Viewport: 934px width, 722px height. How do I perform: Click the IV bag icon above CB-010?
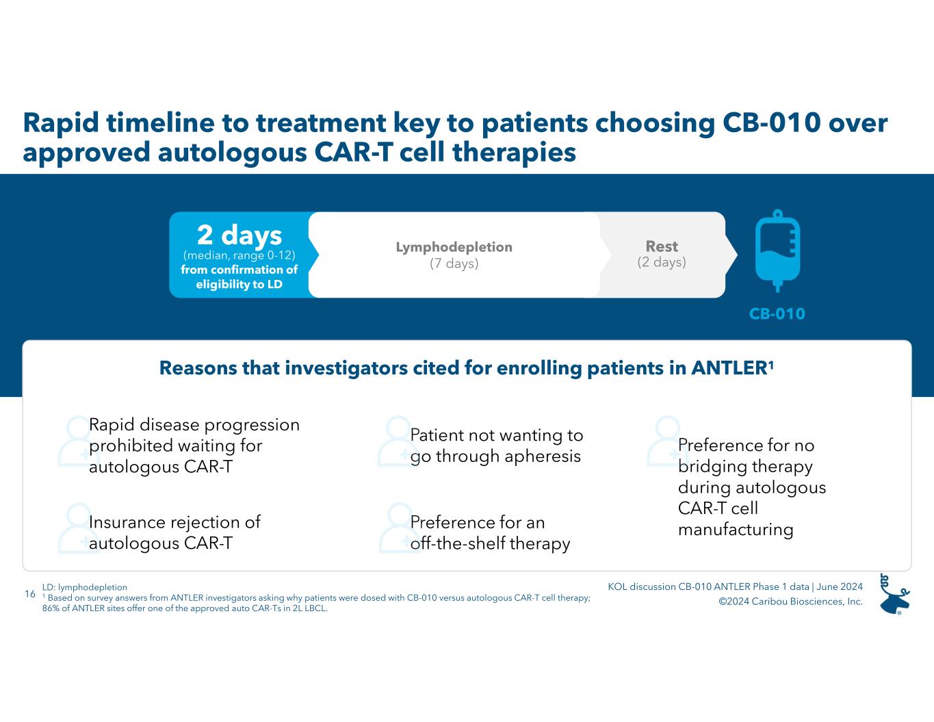[777, 251]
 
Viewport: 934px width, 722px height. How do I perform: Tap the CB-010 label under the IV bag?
[777, 314]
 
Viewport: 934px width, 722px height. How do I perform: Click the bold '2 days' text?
[239, 235]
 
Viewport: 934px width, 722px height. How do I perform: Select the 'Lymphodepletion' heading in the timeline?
[454, 247]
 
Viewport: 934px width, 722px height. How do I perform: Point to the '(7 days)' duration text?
[454, 263]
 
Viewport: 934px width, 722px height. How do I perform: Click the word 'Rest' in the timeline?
[662, 246]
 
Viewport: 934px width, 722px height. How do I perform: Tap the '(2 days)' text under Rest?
[662, 262]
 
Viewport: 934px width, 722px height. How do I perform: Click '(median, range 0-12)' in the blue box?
[239, 255]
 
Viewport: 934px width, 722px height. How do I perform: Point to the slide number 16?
[29, 594]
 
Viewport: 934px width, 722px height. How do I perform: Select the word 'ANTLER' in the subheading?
[728, 368]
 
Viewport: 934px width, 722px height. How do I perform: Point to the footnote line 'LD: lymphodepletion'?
[84, 587]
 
